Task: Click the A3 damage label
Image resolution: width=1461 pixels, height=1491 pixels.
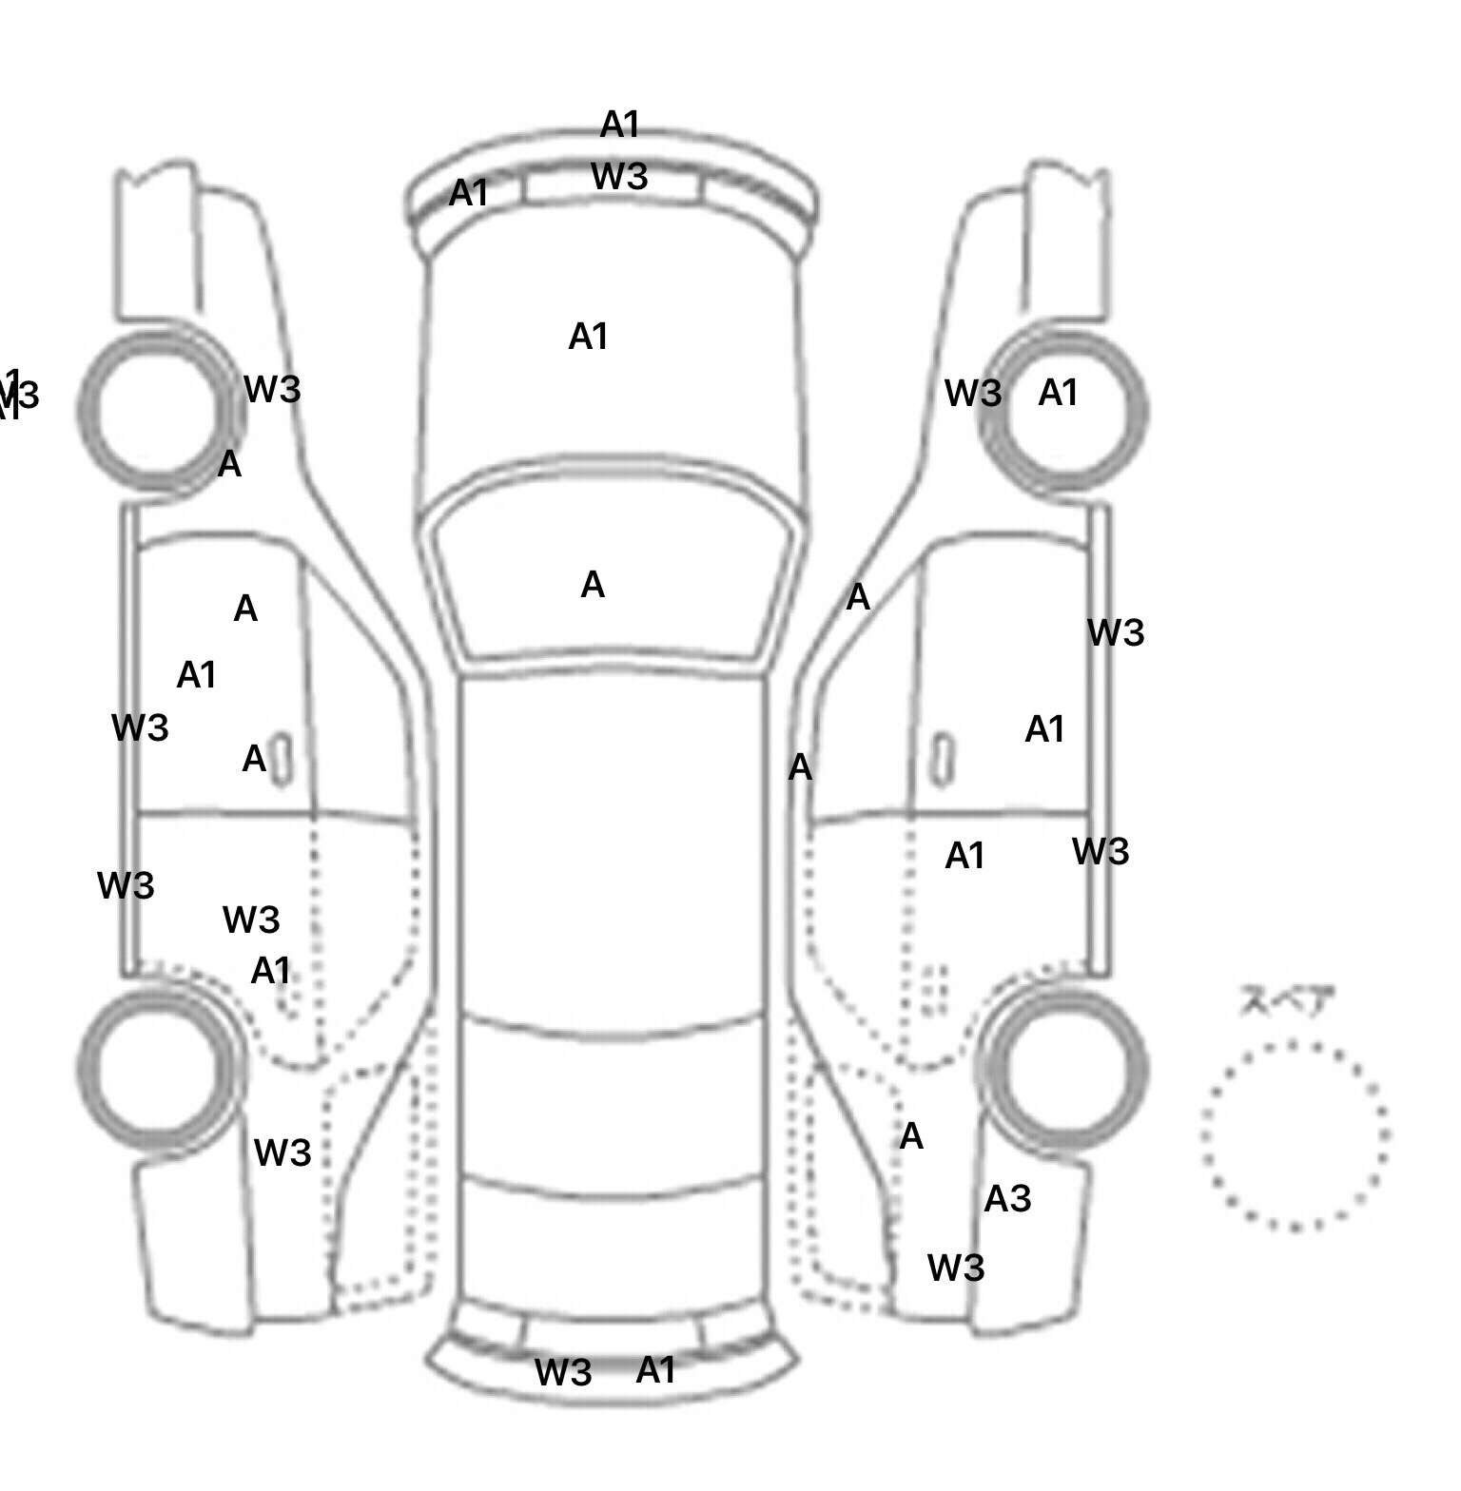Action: [x=1007, y=1199]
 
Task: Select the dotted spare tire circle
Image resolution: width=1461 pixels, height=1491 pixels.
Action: [x=1295, y=1134]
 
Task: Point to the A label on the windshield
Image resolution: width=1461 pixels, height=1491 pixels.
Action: [x=593, y=585]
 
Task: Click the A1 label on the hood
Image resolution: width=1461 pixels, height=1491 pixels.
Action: [x=588, y=337]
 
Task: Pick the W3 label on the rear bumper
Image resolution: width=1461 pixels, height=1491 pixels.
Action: [x=563, y=1372]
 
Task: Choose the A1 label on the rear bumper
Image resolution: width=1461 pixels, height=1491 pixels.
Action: [x=655, y=1370]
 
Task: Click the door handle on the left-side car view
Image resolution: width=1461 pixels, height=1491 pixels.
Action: [x=282, y=759]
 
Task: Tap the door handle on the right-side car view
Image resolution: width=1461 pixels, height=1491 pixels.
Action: [x=941, y=759]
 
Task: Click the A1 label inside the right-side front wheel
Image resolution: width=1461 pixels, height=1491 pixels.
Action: [x=1058, y=393]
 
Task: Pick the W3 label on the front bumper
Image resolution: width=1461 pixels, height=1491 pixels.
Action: [x=619, y=177]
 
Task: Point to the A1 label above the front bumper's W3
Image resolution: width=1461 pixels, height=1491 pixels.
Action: [x=620, y=125]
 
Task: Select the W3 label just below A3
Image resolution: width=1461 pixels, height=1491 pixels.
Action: [x=955, y=1268]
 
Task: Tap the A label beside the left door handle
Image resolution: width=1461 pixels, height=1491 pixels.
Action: [x=254, y=759]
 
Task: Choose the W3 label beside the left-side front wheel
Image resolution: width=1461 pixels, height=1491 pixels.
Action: [x=272, y=389]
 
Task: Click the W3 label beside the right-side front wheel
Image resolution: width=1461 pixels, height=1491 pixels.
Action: [x=973, y=393]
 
